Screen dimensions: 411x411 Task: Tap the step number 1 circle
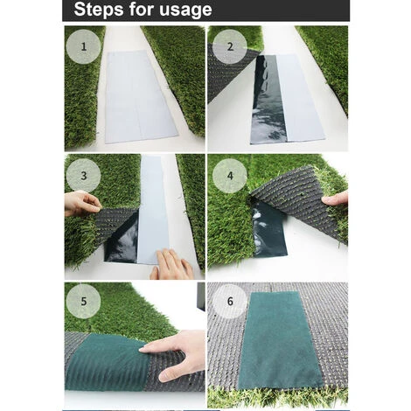tap(84, 46)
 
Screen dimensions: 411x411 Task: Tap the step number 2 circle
tap(230, 46)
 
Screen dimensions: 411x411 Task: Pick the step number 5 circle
tap(84, 302)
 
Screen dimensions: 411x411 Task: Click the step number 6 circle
tap(230, 302)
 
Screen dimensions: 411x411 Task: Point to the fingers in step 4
tap(336, 199)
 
